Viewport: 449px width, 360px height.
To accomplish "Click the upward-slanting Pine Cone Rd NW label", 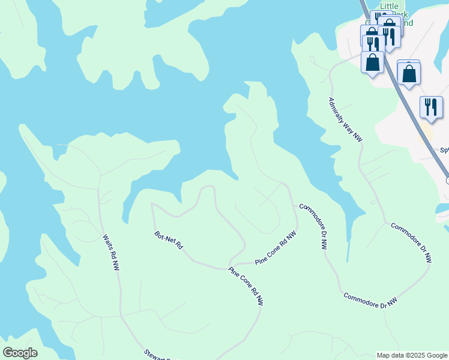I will tap(276, 248).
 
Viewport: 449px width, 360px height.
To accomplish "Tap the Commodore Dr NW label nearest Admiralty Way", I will tap(411, 243).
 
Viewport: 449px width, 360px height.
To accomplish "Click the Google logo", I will tap(20, 353).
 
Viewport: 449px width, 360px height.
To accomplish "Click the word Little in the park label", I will tap(390, 6).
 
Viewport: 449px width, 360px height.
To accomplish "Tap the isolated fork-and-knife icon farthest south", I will tap(431, 107).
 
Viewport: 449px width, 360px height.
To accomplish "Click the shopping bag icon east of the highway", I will tap(409, 74).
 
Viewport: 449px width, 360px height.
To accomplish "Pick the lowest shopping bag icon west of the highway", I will tap(372, 61).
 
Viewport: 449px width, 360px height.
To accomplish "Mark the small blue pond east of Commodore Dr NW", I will tap(443, 208).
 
